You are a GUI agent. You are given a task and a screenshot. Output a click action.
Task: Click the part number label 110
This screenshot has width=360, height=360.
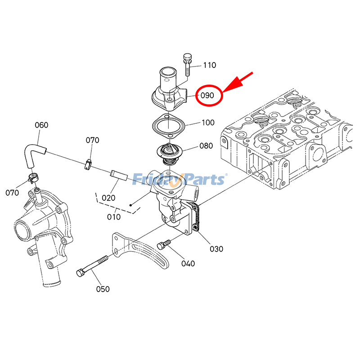209,65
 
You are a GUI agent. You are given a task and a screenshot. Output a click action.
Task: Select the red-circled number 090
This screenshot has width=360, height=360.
207,95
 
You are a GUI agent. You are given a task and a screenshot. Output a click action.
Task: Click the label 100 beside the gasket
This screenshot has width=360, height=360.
208,122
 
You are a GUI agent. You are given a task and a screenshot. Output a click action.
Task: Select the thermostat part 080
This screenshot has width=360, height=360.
168,155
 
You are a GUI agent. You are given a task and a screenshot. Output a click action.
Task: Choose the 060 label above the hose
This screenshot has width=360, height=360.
41,125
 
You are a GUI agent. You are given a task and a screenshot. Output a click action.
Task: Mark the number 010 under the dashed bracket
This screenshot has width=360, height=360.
114,216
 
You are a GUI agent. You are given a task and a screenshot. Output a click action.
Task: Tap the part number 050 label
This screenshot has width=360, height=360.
103,289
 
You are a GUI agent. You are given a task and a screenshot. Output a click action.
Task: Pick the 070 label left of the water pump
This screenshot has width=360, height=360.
12,193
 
